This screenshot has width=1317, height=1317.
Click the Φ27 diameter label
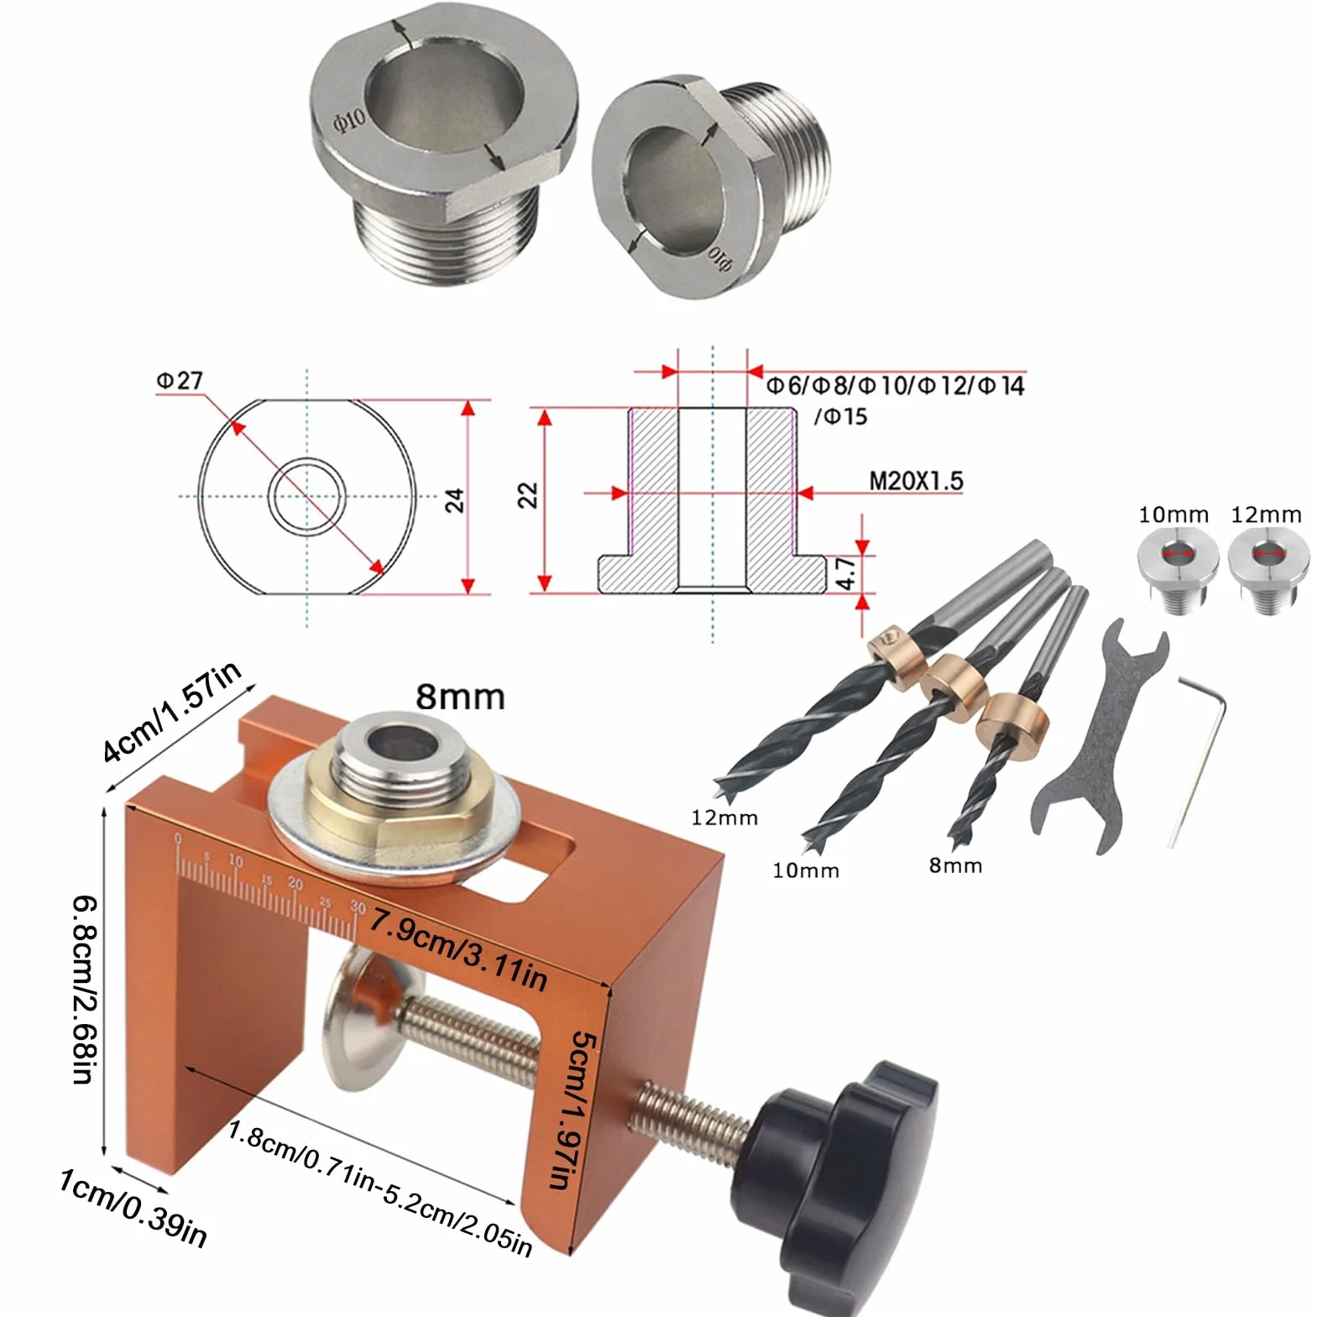pyautogui.click(x=180, y=380)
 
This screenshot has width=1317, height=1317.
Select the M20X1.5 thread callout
pyautogui.click(x=916, y=481)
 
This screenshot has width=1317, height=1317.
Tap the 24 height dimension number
pyautogui.click(x=454, y=500)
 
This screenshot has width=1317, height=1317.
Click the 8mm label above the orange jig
pyautogui.click(x=460, y=697)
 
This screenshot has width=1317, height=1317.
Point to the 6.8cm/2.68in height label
pyautogui.click(x=86, y=990)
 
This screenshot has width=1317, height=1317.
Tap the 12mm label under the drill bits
pyautogui.click(x=724, y=818)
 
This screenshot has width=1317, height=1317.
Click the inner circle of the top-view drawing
pyautogui.click(x=307, y=496)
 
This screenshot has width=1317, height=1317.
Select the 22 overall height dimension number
pyautogui.click(x=527, y=495)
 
